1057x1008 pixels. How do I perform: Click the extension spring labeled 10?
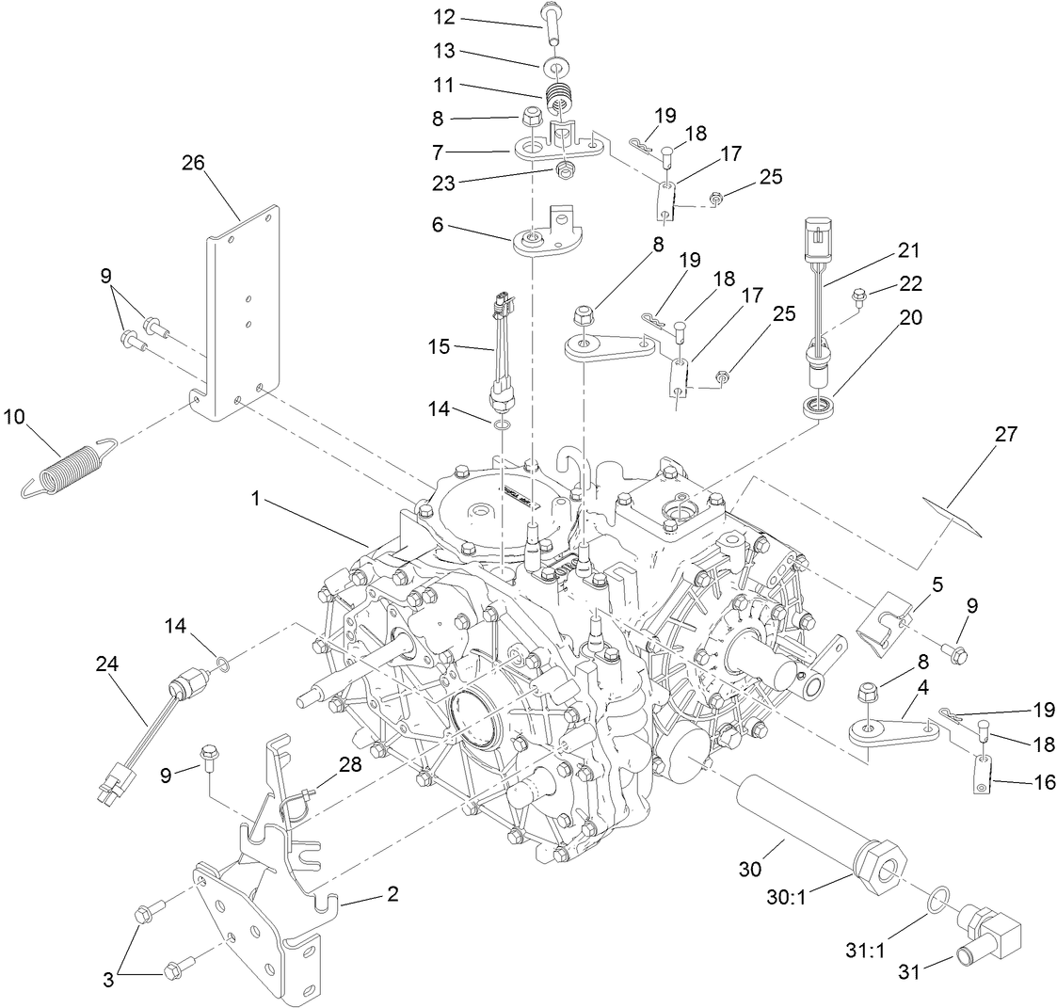click(69, 464)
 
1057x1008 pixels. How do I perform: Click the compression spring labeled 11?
click(561, 96)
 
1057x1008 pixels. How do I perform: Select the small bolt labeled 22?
click(857, 299)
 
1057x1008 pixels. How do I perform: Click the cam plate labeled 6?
click(545, 239)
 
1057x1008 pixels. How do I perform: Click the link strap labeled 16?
click(982, 776)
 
